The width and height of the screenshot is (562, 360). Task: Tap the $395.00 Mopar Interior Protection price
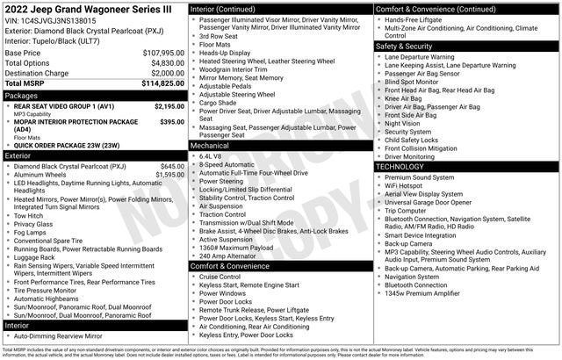172,122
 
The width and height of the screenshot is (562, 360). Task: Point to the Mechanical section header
213,145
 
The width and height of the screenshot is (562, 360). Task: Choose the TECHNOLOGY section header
404,167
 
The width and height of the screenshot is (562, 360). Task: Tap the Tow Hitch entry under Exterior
29,215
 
